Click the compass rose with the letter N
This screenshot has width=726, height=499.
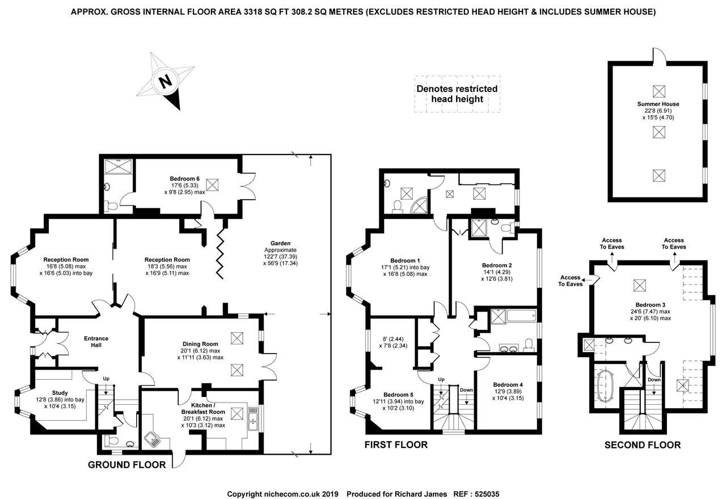coord(166,81)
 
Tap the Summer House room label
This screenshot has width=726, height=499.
coord(658,104)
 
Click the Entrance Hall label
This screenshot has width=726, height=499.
coord(96,342)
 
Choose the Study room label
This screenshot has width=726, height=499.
coord(60,392)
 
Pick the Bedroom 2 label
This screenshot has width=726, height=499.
coord(497,265)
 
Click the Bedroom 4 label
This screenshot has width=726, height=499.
coord(508,384)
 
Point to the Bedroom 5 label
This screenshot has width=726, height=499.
coord(398,395)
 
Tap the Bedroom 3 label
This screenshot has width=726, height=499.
coord(649,305)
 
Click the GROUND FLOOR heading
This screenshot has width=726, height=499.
coord(126,465)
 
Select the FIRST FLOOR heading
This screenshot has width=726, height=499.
coord(396,445)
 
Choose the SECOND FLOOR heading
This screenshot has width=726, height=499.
coord(642,445)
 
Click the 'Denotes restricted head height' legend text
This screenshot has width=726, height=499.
coord(457,94)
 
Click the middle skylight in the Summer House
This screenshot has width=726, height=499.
coord(658,132)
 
